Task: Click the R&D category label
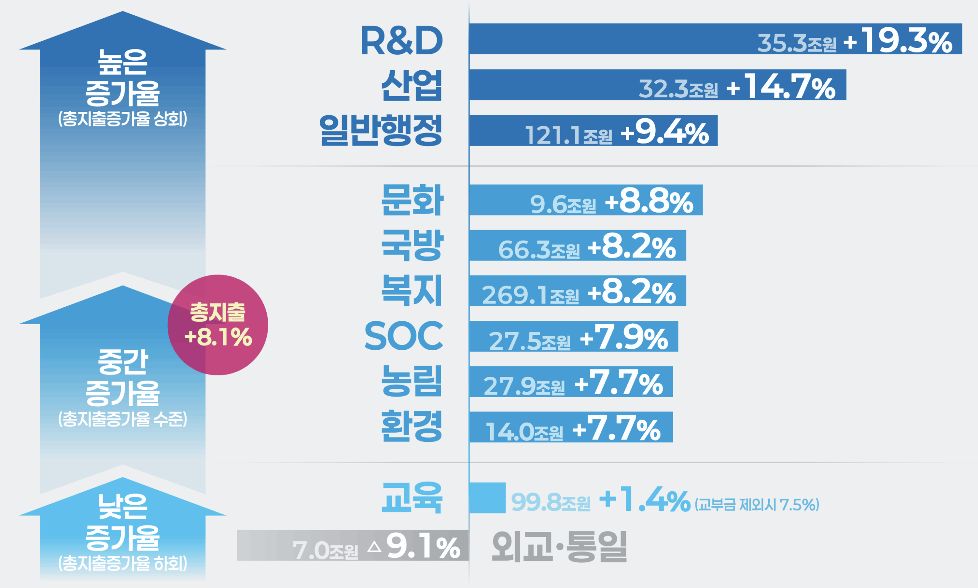pyautogui.click(x=401, y=41)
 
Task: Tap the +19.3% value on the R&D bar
pyautogui.click(x=898, y=42)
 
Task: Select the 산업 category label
pyautogui.click(x=411, y=86)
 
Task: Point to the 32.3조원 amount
pyautogui.click(x=678, y=88)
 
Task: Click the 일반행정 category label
pyautogui.click(x=381, y=131)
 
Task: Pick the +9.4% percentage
pyautogui.click(x=665, y=133)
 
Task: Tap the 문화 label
pyautogui.click(x=412, y=200)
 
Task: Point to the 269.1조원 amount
pyautogui.click(x=530, y=295)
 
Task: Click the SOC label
pyautogui.click(x=403, y=336)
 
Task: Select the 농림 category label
pyautogui.click(x=411, y=381)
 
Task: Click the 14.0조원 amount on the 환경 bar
pyautogui.click(x=524, y=431)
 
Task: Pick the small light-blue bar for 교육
pyautogui.click(x=487, y=498)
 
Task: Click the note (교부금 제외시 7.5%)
pyautogui.click(x=757, y=505)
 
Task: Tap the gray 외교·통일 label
pyautogui.click(x=559, y=547)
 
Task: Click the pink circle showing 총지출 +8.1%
pyautogui.click(x=218, y=325)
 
